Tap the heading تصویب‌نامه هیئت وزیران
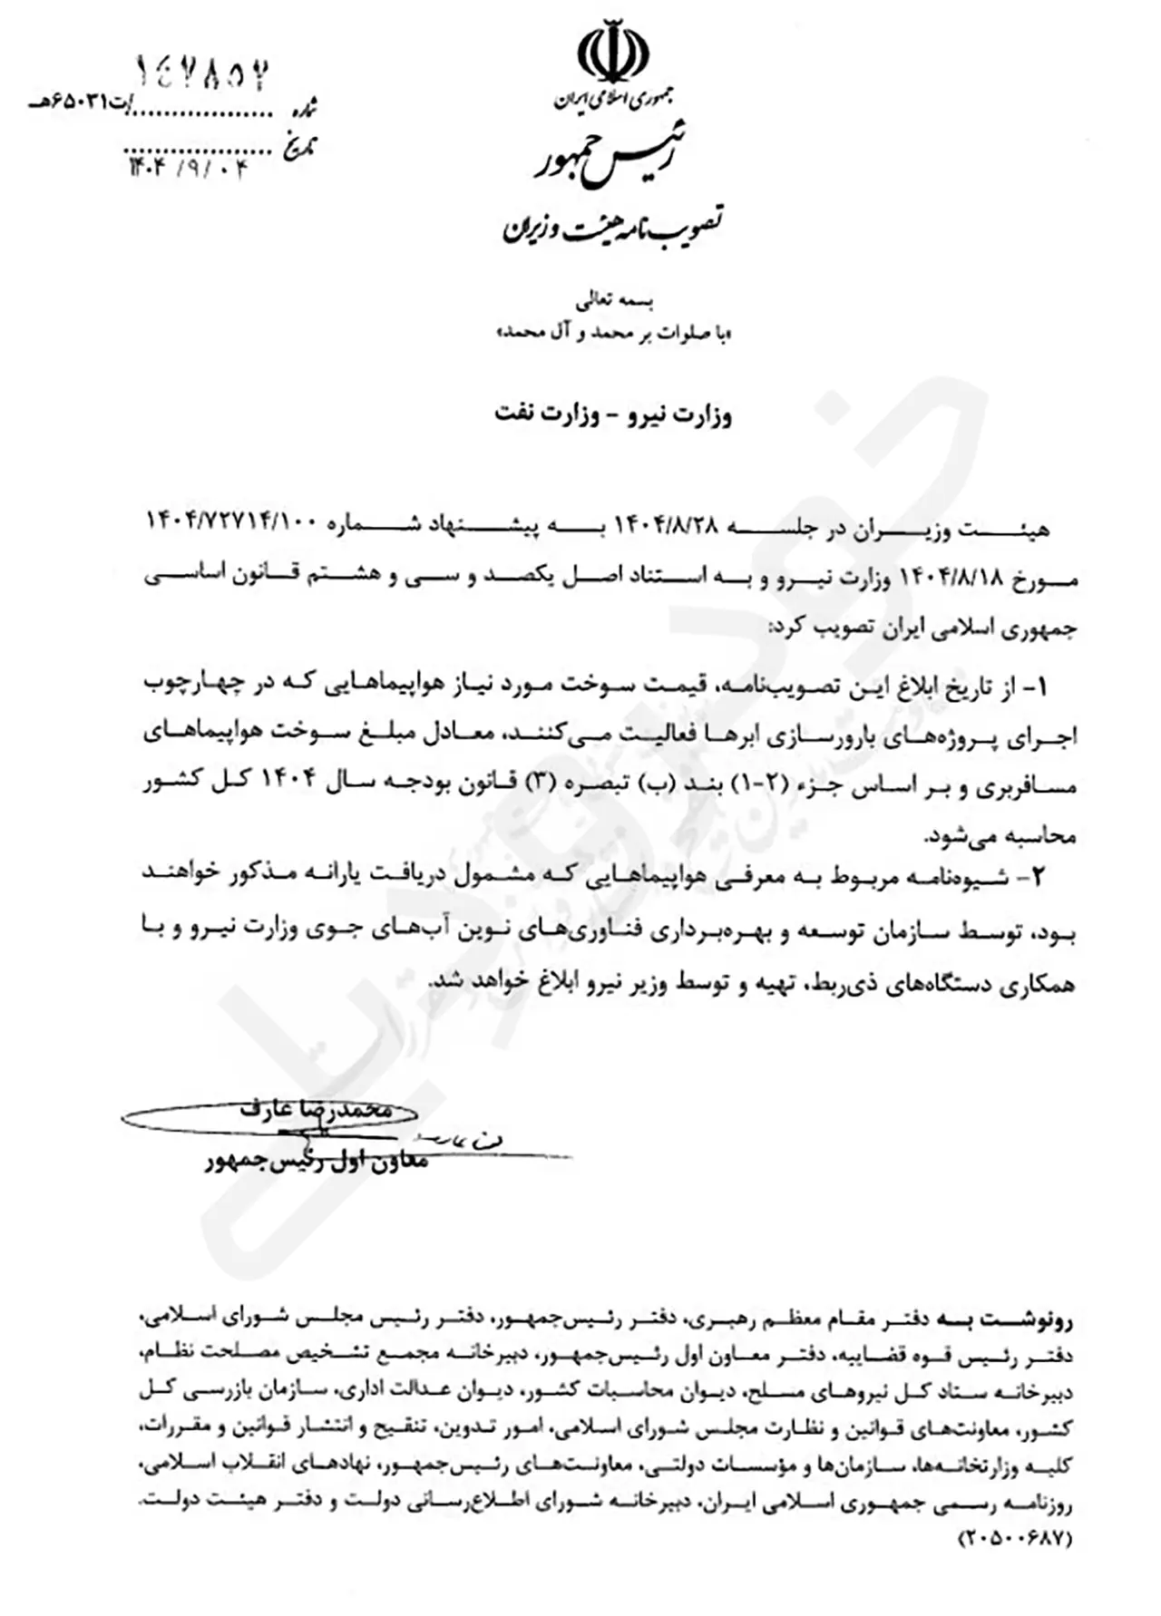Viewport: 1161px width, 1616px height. tap(614, 226)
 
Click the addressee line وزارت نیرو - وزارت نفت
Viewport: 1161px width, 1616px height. tap(613, 415)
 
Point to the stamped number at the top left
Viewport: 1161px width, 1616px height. tap(203, 73)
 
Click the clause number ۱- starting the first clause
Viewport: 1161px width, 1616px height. tap(1035, 686)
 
